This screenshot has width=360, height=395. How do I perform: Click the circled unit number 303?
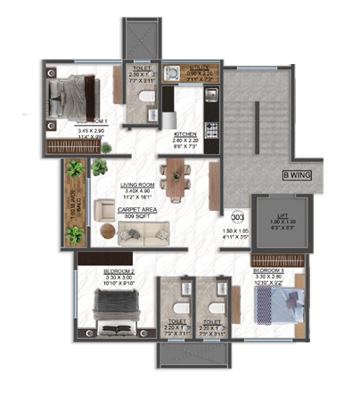point(238,216)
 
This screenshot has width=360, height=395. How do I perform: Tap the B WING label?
point(297,175)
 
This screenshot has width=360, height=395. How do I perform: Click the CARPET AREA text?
point(137,210)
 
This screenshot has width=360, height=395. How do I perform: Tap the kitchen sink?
point(211,95)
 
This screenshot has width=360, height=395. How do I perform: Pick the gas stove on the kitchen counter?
point(210,129)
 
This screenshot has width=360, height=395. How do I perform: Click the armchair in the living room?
point(105,209)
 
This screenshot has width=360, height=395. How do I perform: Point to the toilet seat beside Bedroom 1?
point(148,97)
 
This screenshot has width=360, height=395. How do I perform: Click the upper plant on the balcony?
point(75,168)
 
